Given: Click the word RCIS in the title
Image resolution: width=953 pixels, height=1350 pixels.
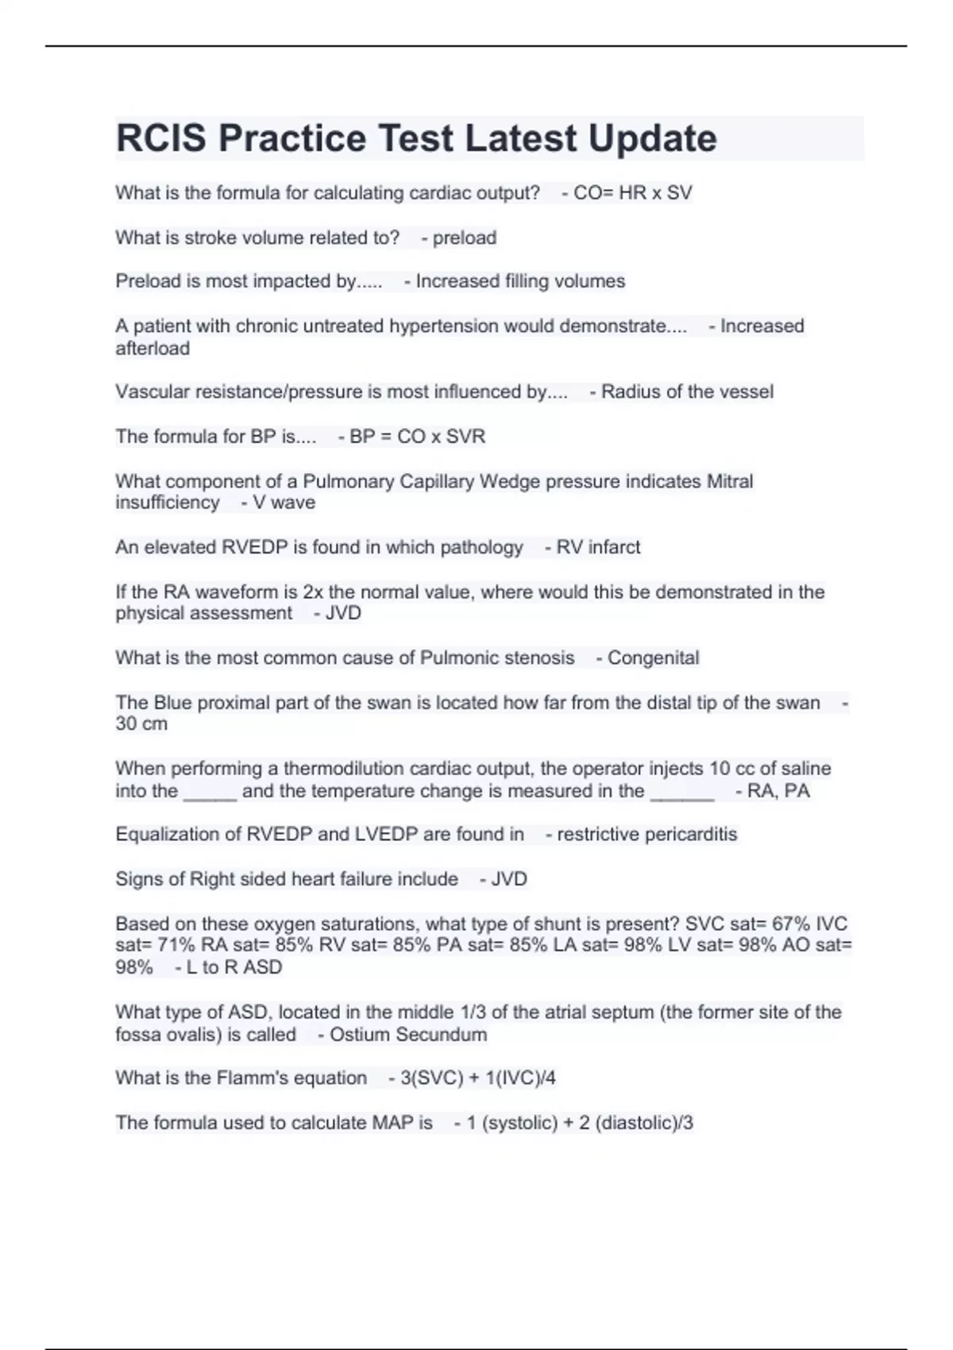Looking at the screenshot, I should click(x=161, y=138).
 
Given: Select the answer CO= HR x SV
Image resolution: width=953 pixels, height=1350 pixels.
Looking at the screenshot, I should click(x=632, y=193).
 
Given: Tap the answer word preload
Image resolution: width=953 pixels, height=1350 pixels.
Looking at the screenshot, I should click(x=464, y=237).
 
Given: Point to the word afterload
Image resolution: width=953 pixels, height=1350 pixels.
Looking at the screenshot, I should click(x=152, y=348).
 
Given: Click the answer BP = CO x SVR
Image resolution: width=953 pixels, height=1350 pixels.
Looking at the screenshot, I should click(x=417, y=436).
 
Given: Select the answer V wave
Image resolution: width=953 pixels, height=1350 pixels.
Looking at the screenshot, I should click(x=284, y=503).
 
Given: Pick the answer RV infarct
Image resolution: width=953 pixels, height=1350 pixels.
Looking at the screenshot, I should click(x=598, y=547).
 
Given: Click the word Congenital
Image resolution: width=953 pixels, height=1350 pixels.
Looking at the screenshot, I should click(x=653, y=658).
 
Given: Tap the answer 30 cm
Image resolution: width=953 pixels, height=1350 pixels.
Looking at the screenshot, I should click(x=141, y=723).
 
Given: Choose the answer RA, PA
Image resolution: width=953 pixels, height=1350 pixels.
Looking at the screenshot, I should click(x=778, y=791).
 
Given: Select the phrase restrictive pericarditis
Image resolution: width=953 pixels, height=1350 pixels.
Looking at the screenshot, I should click(x=646, y=834).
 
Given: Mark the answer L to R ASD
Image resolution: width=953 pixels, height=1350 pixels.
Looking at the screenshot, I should click(x=234, y=967).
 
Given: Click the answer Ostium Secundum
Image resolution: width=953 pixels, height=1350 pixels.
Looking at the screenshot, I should click(x=408, y=1035).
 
